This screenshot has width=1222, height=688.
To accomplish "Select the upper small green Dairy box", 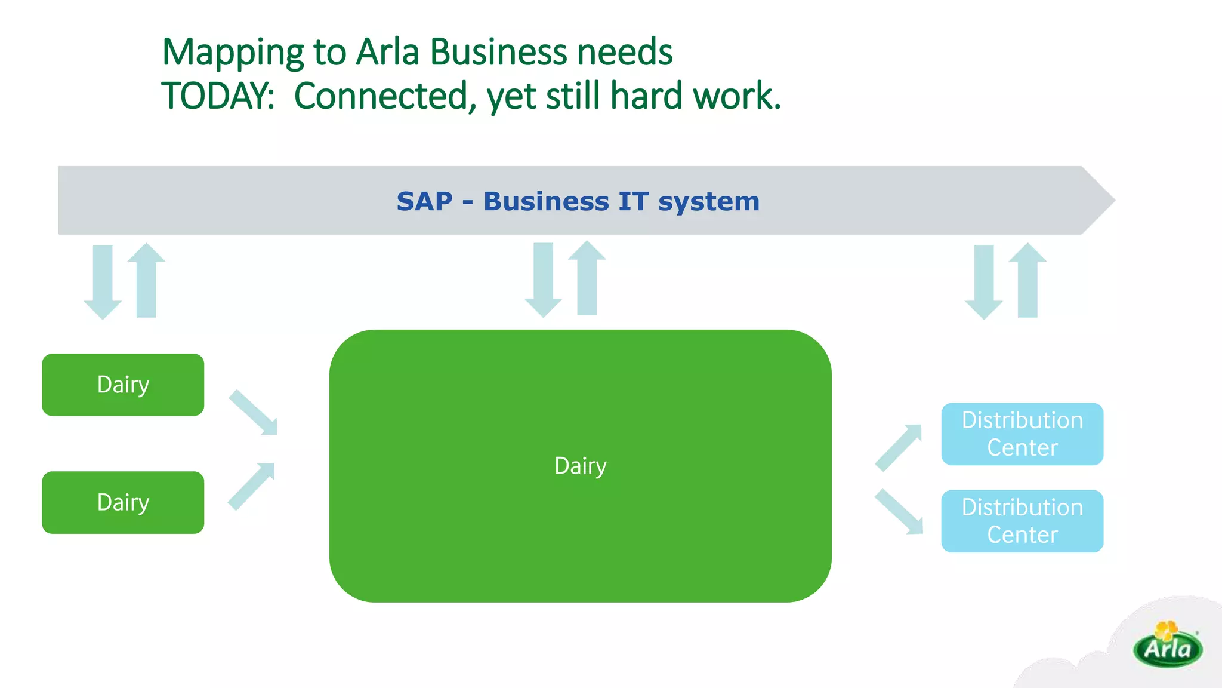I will (123, 385).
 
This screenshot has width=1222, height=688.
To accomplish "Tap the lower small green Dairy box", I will (123, 502).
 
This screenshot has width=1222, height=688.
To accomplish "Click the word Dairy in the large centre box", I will (580, 466).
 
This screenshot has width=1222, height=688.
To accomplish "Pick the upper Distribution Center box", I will (1022, 434).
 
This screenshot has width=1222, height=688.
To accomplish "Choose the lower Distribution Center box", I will (1022, 521).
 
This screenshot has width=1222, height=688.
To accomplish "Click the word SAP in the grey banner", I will (424, 201).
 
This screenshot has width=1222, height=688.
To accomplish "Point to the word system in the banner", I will (709, 202).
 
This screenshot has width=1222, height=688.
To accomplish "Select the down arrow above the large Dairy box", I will (543, 279).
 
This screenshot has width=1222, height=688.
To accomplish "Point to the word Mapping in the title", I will (233, 53).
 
